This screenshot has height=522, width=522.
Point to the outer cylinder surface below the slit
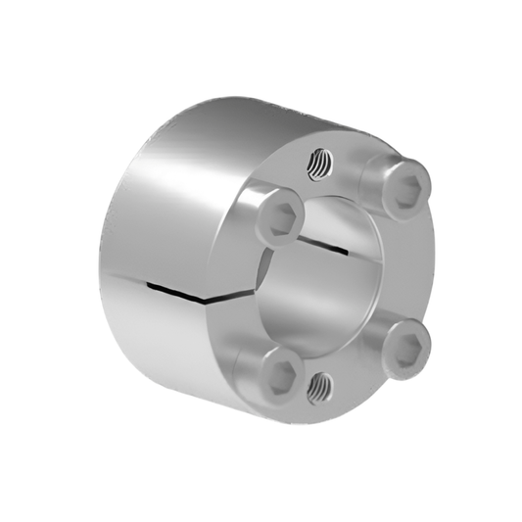pyautogui.click(x=176, y=343)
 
